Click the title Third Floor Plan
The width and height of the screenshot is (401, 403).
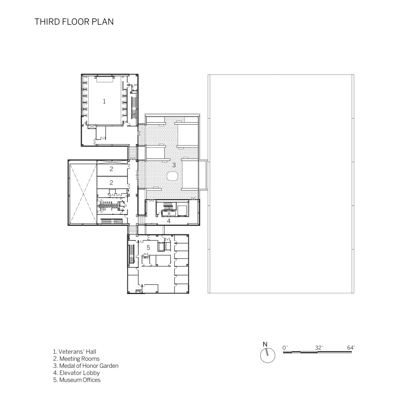pos(74,22)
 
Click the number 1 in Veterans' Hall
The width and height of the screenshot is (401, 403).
pos(104,101)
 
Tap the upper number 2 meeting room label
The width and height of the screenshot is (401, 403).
pos(111,169)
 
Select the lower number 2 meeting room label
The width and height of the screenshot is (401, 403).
pos(111,183)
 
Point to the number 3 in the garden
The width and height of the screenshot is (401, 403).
pos(174,165)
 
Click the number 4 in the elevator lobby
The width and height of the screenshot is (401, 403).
pos(169,221)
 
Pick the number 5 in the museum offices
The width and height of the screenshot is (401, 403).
pos(148,248)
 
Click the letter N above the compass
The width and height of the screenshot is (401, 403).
pos(265,345)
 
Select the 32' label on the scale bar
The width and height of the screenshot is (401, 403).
pos(319,348)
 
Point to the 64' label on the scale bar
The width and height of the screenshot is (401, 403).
pos(351,348)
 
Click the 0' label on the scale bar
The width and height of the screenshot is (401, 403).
pos(285,348)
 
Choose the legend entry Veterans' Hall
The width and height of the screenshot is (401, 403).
pos(75,352)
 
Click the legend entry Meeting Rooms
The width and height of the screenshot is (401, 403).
pos(77,359)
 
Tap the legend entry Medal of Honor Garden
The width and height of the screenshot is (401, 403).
pos(86,366)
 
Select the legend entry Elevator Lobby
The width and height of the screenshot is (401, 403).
pos(77,373)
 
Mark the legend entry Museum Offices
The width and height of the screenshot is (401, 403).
pos(77,380)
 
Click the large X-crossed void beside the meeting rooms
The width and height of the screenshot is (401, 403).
pos(83,193)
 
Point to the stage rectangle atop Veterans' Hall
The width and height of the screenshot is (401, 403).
pos(104,79)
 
